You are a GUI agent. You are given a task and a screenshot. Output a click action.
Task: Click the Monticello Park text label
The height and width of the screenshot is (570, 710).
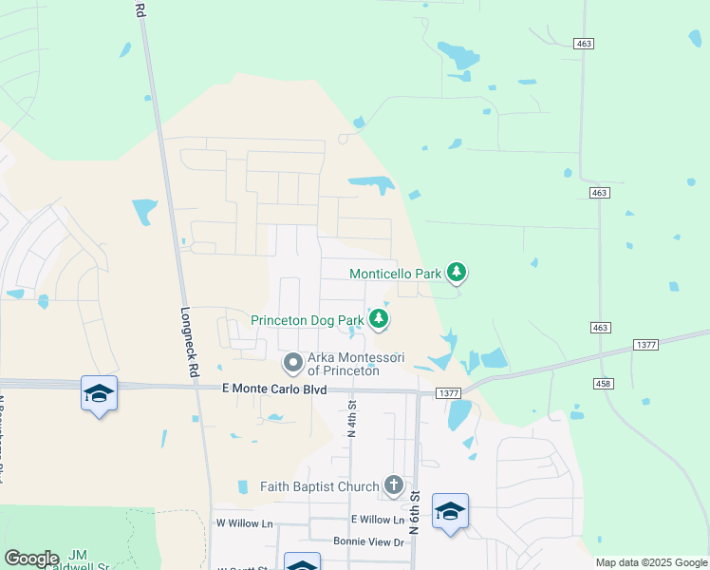395,274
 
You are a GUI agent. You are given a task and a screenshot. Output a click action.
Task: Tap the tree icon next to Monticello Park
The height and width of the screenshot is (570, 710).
458,274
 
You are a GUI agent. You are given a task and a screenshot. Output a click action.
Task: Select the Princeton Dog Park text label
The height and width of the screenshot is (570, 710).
307,320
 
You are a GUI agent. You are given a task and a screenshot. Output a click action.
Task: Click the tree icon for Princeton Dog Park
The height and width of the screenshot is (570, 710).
379,319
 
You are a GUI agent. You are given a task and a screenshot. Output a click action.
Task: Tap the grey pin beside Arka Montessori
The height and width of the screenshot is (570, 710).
293,362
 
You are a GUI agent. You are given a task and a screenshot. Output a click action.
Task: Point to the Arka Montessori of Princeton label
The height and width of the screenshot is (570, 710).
356,364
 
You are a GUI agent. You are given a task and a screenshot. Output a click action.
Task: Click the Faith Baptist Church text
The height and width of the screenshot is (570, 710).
320,487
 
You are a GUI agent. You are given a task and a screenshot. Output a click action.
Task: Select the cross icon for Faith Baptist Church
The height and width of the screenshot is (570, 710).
394,486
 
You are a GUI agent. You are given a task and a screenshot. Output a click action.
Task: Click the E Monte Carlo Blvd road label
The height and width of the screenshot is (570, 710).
273,389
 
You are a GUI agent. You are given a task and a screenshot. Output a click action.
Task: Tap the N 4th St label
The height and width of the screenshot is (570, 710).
351,418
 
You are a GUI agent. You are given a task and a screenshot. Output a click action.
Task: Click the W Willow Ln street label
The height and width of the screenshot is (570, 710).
244,523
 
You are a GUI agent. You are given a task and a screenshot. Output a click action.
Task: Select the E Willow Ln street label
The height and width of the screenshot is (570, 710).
377,520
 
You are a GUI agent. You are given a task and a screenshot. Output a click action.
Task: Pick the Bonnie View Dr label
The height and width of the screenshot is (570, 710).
368,541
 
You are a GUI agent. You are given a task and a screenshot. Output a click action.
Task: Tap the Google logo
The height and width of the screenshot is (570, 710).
31,559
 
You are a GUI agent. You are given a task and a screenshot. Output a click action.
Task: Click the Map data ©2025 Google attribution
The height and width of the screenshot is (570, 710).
650,562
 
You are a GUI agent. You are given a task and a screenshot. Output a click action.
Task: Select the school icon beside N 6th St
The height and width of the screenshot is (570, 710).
450,511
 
